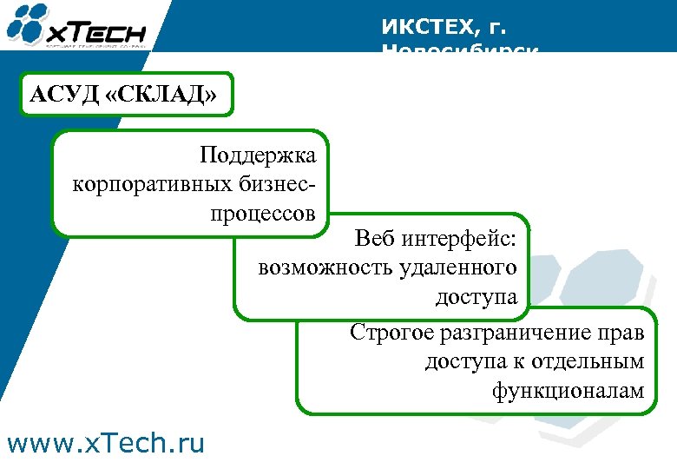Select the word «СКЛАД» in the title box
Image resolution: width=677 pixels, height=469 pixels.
click(x=161, y=94)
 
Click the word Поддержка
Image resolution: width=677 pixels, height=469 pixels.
click(x=258, y=156)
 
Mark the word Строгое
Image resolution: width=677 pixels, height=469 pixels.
click(x=392, y=333)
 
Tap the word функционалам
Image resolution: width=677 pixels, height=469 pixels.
click(x=569, y=392)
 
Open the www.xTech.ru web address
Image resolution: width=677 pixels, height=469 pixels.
click(x=105, y=444)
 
